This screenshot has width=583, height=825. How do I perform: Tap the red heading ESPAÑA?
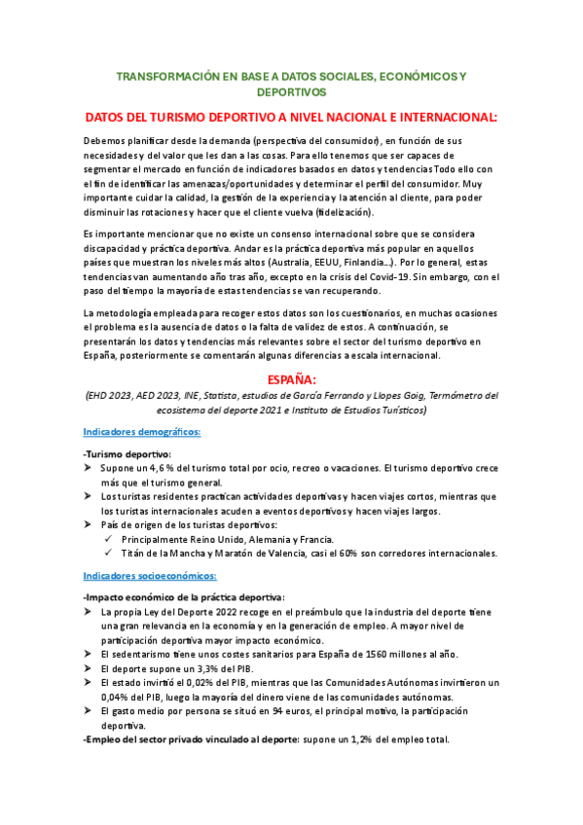point(292,378)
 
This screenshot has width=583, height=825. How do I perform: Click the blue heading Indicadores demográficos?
point(142,431)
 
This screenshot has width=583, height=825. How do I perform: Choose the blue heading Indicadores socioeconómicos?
point(149,576)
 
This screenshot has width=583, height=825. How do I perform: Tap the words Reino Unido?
point(207,539)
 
